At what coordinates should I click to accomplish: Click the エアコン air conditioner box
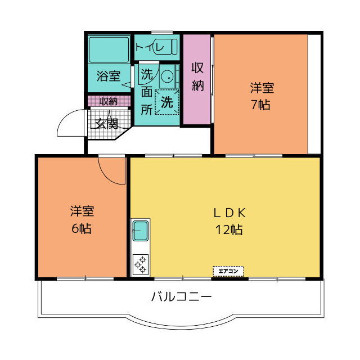point(228,271)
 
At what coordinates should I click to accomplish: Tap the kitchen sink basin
point(141,231)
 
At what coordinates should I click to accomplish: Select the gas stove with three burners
point(141,264)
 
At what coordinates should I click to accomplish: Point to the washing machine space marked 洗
point(167,102)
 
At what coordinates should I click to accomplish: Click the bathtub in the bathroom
point(109,49)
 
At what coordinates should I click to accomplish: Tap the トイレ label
point(150,47)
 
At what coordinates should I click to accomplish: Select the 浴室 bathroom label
point(109,76)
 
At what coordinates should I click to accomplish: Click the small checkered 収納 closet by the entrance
point(109,101)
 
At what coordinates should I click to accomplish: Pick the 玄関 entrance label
point(106,124)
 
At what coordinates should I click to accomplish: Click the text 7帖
point(260,105)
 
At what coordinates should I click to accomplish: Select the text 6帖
point(82,228)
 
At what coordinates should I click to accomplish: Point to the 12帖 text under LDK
point(229,229)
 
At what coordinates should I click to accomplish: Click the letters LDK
point(229,213)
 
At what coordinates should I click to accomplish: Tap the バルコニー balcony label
point(181,296)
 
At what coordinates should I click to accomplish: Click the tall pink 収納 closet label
point(197,76)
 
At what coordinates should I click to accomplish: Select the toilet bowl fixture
point(166,46)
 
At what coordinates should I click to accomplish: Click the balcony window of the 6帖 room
point(85,279)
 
